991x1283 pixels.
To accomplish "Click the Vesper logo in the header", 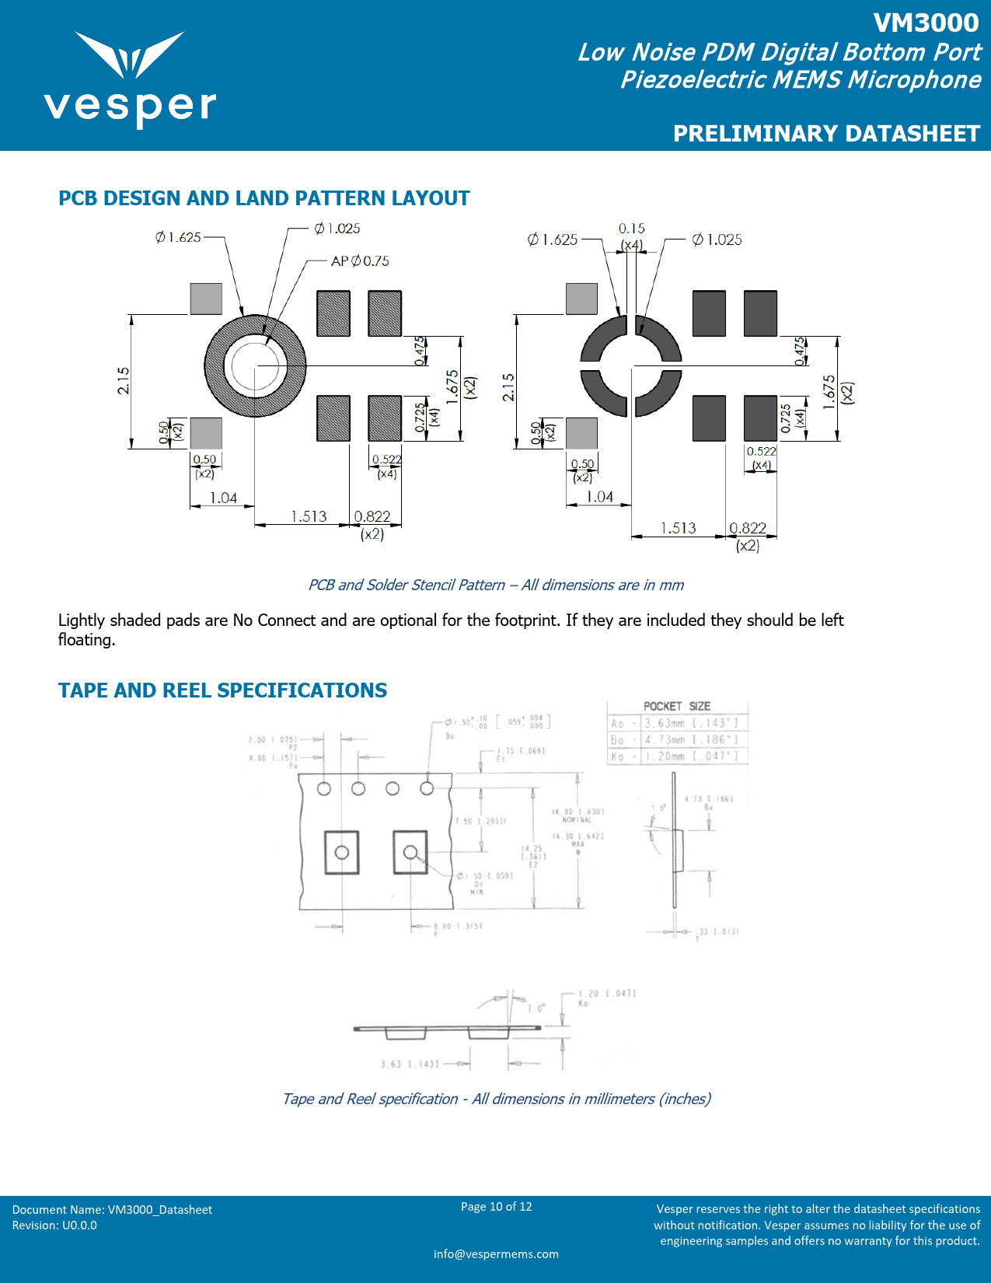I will click(x=130, y=79).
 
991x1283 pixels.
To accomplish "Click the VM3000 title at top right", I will click(x=925, y=23).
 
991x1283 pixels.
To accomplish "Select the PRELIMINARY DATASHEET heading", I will click(x=825, y=134).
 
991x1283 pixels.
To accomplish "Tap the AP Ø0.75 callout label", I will click(x=360, y=261).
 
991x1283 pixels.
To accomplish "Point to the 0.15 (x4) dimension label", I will click(x=631, y=236).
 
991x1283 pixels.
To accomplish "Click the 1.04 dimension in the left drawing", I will click(x=223, y=498).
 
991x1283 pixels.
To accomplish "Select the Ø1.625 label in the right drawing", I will click(x=552, y=239).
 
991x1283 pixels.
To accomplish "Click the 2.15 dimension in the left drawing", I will click(x=124, y=380).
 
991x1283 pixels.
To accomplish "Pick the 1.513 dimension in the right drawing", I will click(x=678, y=528).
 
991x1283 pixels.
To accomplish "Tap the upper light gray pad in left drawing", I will click(x=206, y=299).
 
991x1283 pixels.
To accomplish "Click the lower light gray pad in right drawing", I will click(x=581, y=433).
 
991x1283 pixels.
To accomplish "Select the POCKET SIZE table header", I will click(x=676, y=706).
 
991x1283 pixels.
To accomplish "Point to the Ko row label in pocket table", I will click(x=617, y=757).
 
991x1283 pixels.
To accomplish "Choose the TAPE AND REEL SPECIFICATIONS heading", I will click(x=222, y=690).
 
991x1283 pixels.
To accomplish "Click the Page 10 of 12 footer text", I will click(x=496, y=1207).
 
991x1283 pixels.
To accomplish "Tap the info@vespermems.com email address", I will click(x=496, y=1253).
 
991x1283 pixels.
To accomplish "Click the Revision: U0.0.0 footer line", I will click(x=54, y=1225).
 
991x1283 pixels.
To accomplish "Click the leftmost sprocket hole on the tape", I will click(x=324, y=788).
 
